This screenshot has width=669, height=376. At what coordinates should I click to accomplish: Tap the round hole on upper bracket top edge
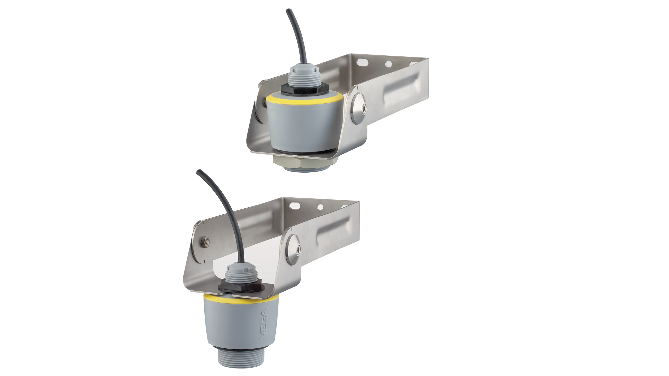pos(389,63)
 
